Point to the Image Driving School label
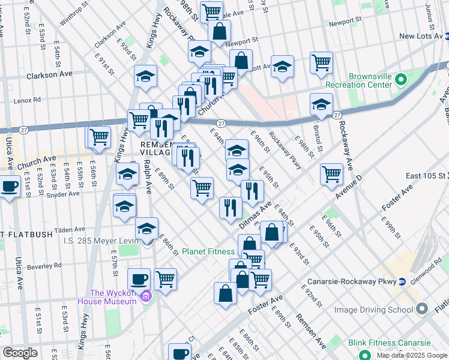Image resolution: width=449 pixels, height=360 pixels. (373, 310)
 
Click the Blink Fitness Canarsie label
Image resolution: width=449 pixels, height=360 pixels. (390, 343)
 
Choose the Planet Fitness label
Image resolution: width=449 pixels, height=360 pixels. (208, 251)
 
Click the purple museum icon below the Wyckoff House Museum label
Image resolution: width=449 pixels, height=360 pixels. (145, 296)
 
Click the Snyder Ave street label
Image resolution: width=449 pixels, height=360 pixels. (64, 194)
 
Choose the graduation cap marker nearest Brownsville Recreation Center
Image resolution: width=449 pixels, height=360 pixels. (322, 104)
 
